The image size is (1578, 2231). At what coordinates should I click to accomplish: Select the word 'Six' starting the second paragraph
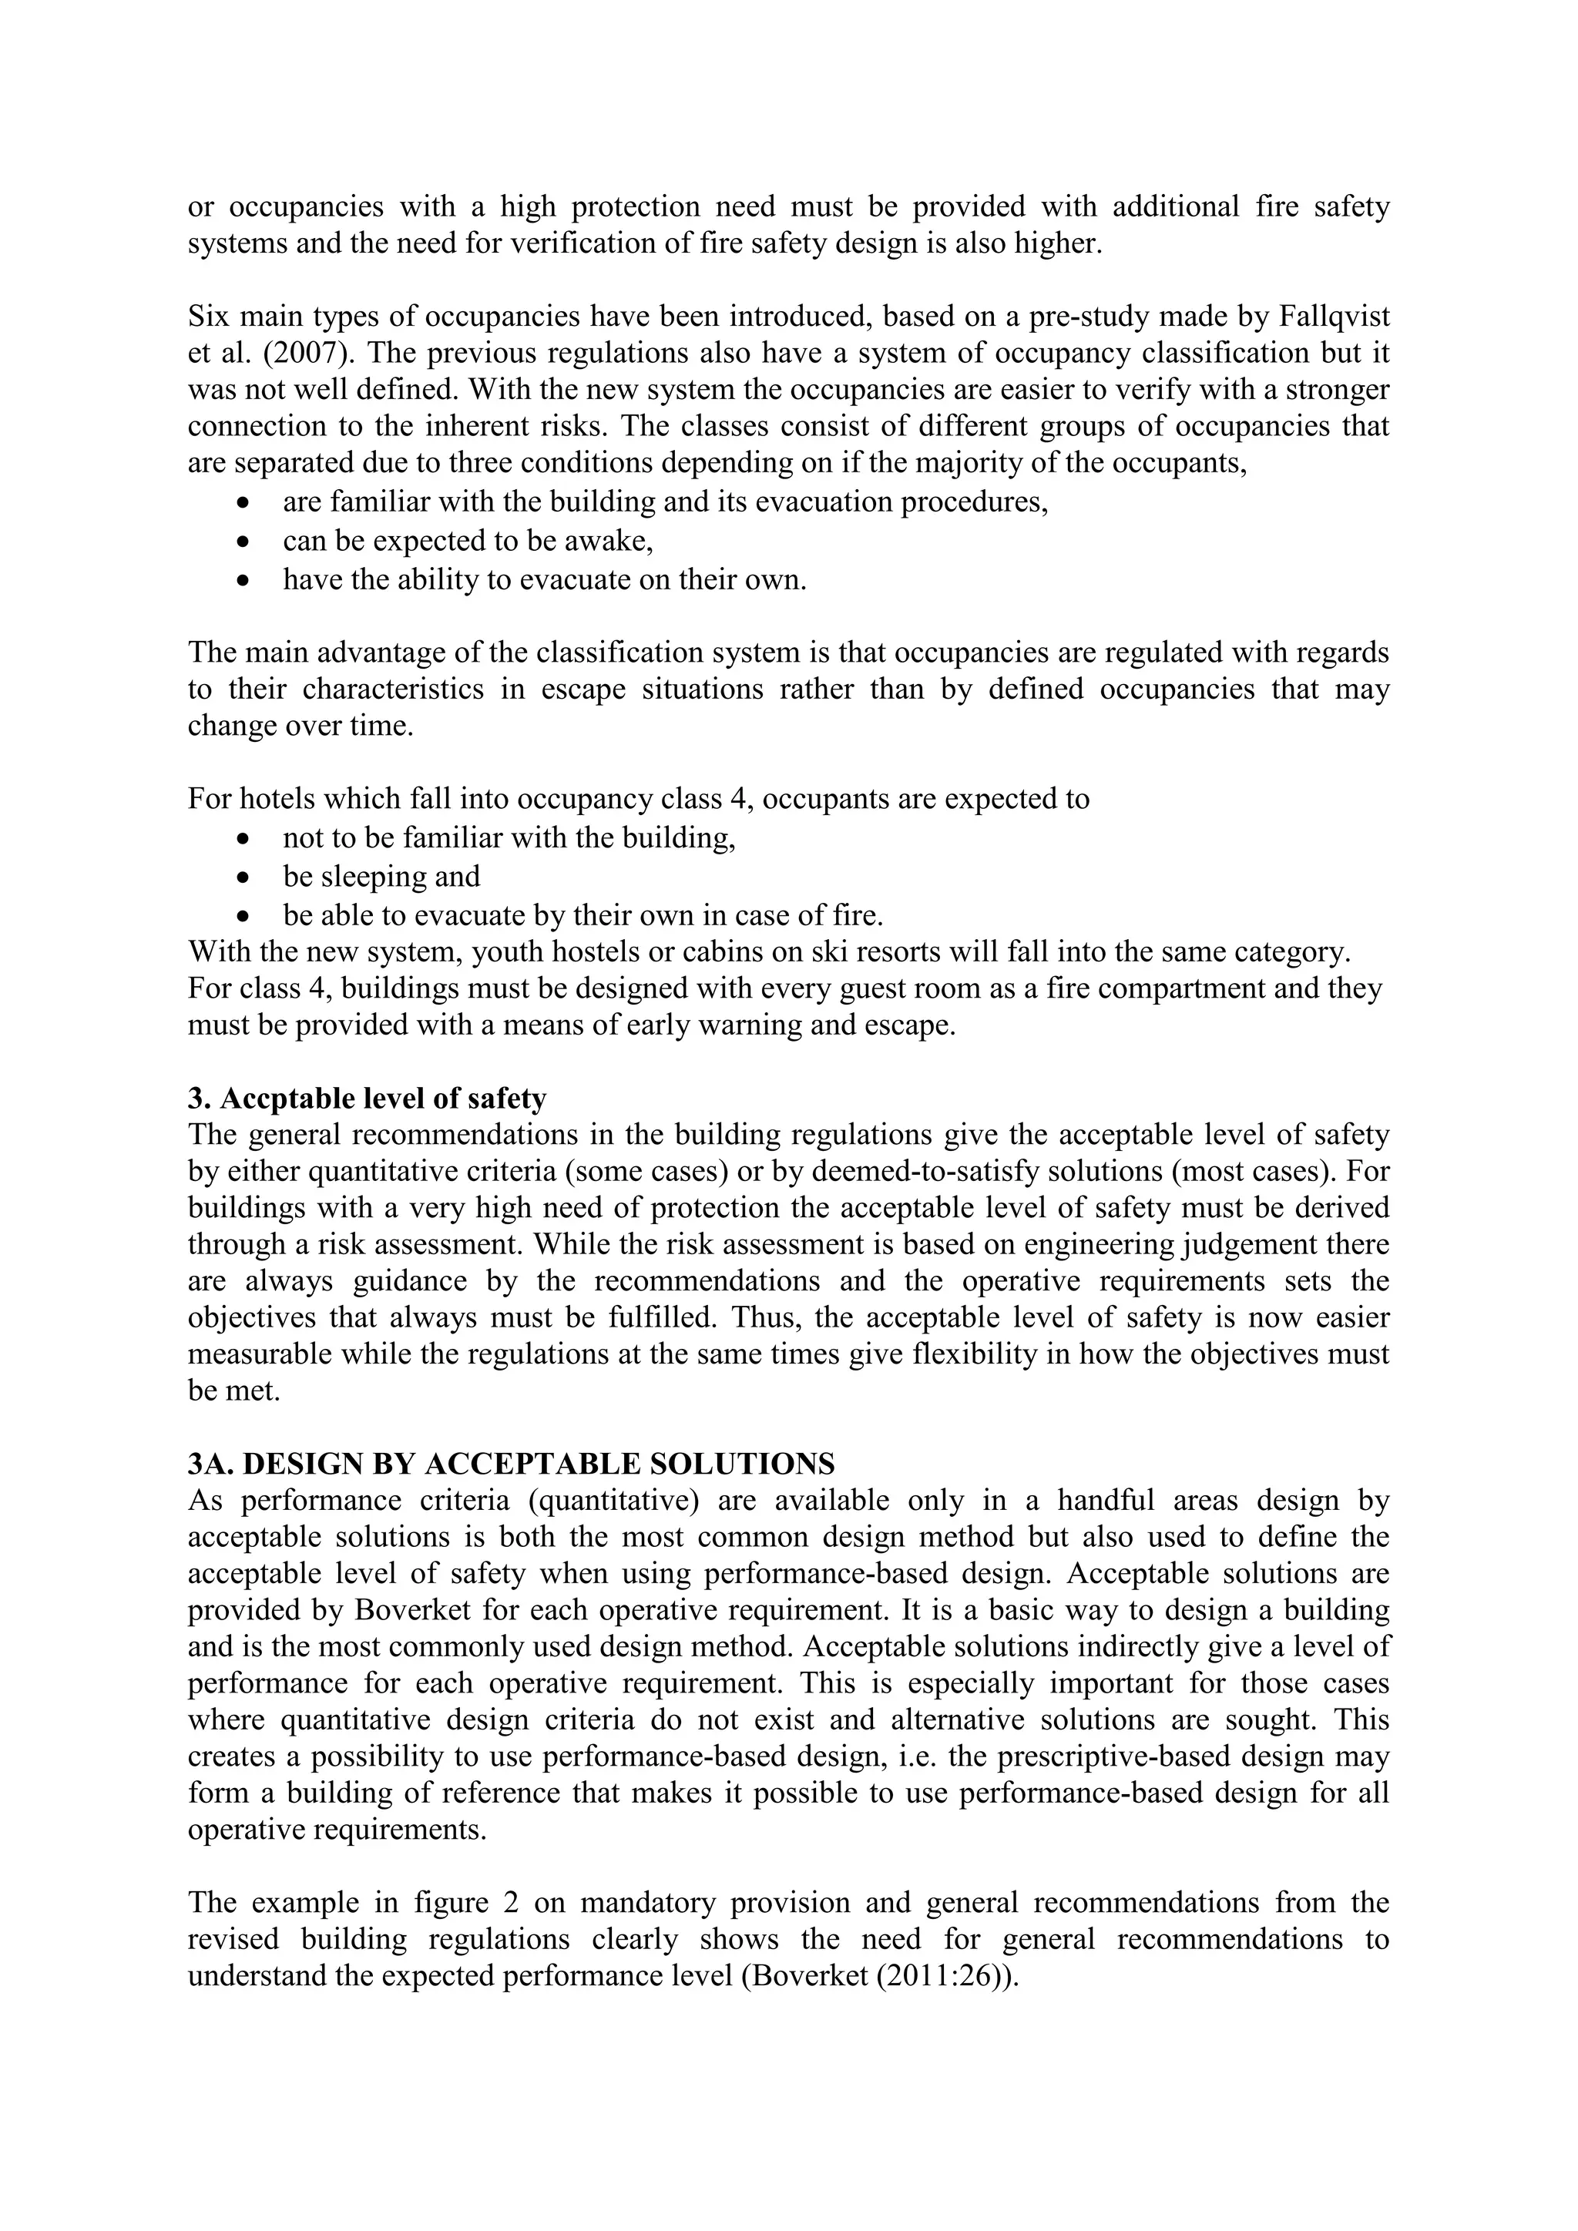[x=208, y=317]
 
